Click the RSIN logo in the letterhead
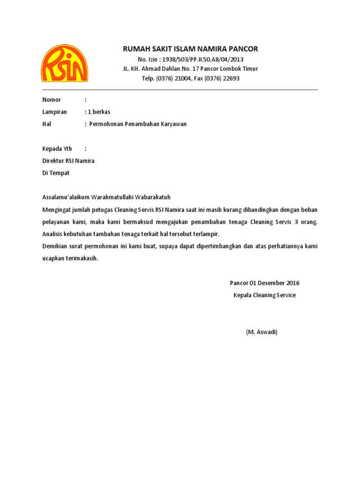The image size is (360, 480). coord(64,63)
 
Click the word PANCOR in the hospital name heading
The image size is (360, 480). coord(243,49)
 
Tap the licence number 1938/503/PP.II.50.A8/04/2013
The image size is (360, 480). coord(203,60)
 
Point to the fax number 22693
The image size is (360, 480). coord(231,79)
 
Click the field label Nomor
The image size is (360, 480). coord(52,100)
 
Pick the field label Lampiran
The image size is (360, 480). coord(54,112)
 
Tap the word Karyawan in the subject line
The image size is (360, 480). coord(172,124)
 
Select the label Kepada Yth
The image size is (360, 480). coord(57,149)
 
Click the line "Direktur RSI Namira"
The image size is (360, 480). coord(68,161)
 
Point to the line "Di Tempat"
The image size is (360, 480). coord(56,173)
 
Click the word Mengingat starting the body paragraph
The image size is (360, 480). coord(57,209)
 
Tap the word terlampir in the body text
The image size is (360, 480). coord(206,234)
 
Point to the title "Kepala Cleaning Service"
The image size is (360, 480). coord(265,295)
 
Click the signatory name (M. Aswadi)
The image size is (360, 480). coord(262,332)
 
